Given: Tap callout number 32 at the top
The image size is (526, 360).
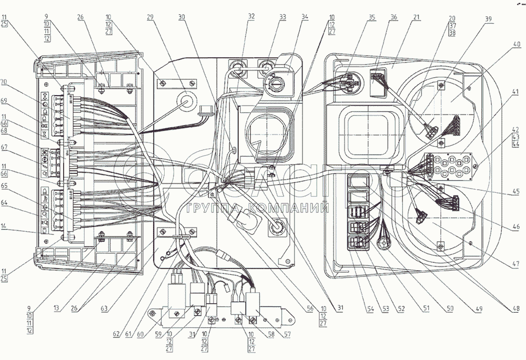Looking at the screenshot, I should pyautogui.click(x=251, y=17).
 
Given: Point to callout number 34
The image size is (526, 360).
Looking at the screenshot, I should pyautogui.click(x=305, y=17).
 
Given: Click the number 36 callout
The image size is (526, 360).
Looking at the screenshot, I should pyautogui.click(x=394, y=17).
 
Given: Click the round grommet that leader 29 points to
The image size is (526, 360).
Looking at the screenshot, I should pyautogui.click(x=187, y=101).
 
